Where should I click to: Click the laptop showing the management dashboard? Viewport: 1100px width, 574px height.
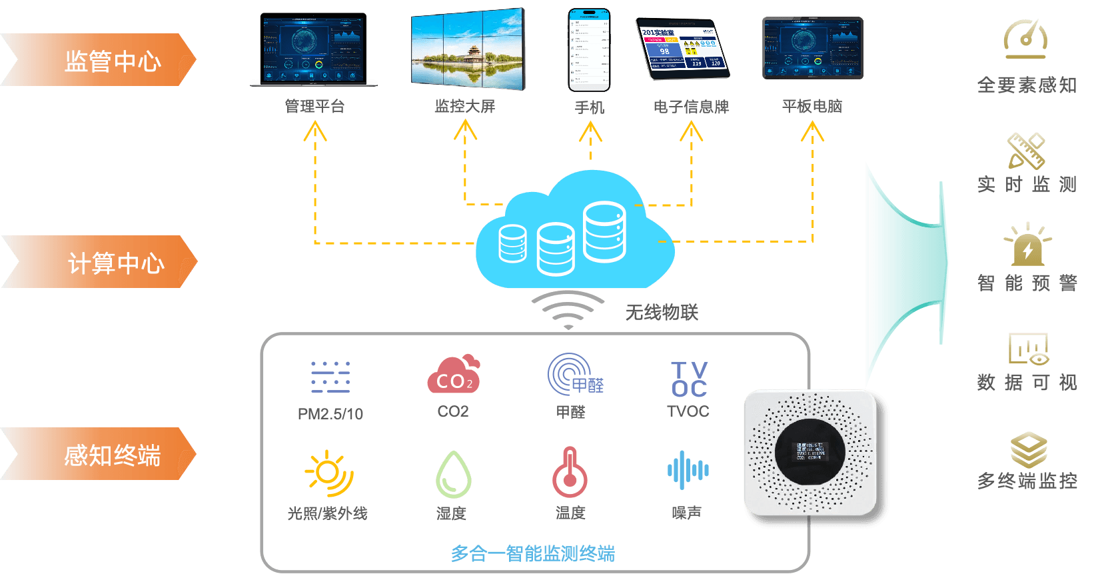coord(314,50)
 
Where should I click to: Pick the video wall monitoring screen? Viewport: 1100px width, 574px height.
coord(468,50)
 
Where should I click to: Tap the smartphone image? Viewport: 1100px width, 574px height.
coord(589,50)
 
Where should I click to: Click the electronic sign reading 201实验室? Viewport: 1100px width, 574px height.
coord(683,49)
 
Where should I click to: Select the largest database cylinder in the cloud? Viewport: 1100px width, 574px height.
coord(604,231)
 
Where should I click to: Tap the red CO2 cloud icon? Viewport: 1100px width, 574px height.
coord(453,375)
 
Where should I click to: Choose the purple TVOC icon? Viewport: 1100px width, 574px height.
coord(689,379)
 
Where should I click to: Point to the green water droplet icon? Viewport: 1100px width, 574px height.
coord(453,475)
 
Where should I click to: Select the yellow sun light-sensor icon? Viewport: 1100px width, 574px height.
coord(329,473)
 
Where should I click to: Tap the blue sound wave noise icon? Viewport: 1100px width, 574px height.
coord(688,471)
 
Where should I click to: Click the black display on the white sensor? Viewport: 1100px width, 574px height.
coord(810,451)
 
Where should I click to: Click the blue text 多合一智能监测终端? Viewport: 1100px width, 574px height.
coord(532,553)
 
